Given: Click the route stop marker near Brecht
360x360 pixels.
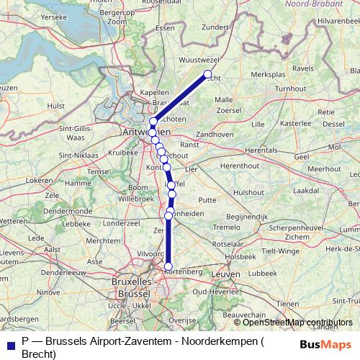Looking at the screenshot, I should tap(208, 75).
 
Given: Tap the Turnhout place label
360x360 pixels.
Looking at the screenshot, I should tap(290, 88).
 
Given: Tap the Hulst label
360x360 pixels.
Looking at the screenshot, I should tap(55, 105).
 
